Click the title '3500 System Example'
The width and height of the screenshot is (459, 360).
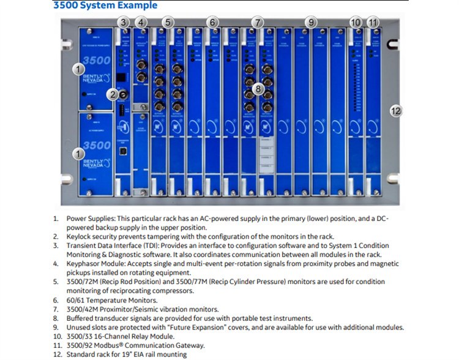coord(105,6)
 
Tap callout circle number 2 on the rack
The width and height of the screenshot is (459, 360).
coord(111,94)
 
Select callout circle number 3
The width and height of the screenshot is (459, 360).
coord(124,23)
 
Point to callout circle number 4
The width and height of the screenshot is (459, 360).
coord(142,23)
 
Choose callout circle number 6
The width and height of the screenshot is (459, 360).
coord(212,23)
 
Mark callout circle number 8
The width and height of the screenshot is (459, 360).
coord(259,89)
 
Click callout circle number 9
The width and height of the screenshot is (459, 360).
coord(312,23)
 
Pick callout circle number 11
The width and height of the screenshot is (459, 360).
coord(374,23)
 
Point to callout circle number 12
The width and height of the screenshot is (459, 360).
coord(396,111)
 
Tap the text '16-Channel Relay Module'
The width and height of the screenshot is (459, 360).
coord(136,336)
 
